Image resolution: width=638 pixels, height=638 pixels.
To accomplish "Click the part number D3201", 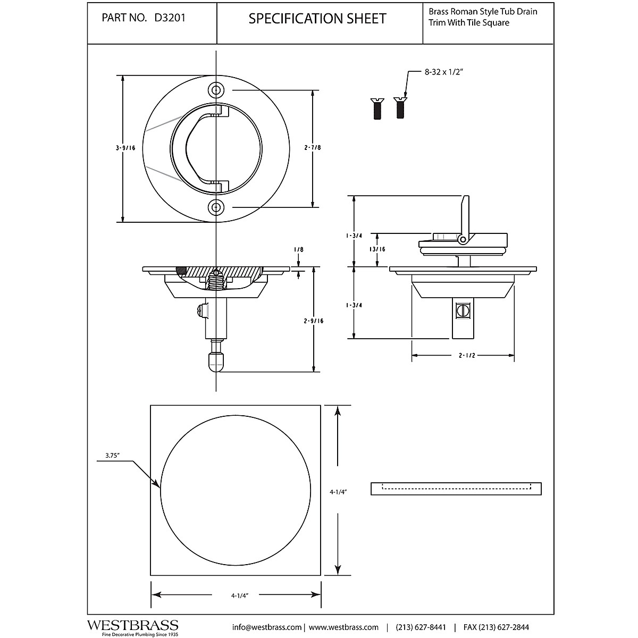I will (170, 18).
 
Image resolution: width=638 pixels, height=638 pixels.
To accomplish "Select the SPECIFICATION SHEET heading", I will (317, 19).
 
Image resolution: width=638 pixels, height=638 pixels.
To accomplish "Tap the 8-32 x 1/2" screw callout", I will (444, 73).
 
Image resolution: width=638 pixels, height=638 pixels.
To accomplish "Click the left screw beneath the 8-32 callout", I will (376, 108).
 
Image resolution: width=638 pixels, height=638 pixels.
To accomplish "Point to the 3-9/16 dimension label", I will (125, 148).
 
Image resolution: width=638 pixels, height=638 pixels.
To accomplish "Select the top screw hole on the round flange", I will (215, 90).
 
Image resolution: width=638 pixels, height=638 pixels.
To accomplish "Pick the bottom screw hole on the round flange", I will (215, 207).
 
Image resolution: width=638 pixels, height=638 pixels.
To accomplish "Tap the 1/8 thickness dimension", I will (298, 249).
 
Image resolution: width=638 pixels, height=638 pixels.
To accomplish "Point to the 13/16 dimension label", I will (377, 249).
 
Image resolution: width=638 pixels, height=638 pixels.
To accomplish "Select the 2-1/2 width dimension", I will (462, 355).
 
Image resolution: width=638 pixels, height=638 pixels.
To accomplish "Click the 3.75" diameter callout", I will (112, 455).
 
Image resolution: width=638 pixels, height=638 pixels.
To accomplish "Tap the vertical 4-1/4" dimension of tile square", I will (338, 492).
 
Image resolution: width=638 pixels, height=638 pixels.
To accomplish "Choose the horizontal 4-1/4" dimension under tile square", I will (240, 596).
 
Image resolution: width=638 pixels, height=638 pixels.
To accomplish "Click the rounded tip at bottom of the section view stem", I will (215, 363).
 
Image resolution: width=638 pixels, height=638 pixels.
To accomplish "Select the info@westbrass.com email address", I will (267, 627).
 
